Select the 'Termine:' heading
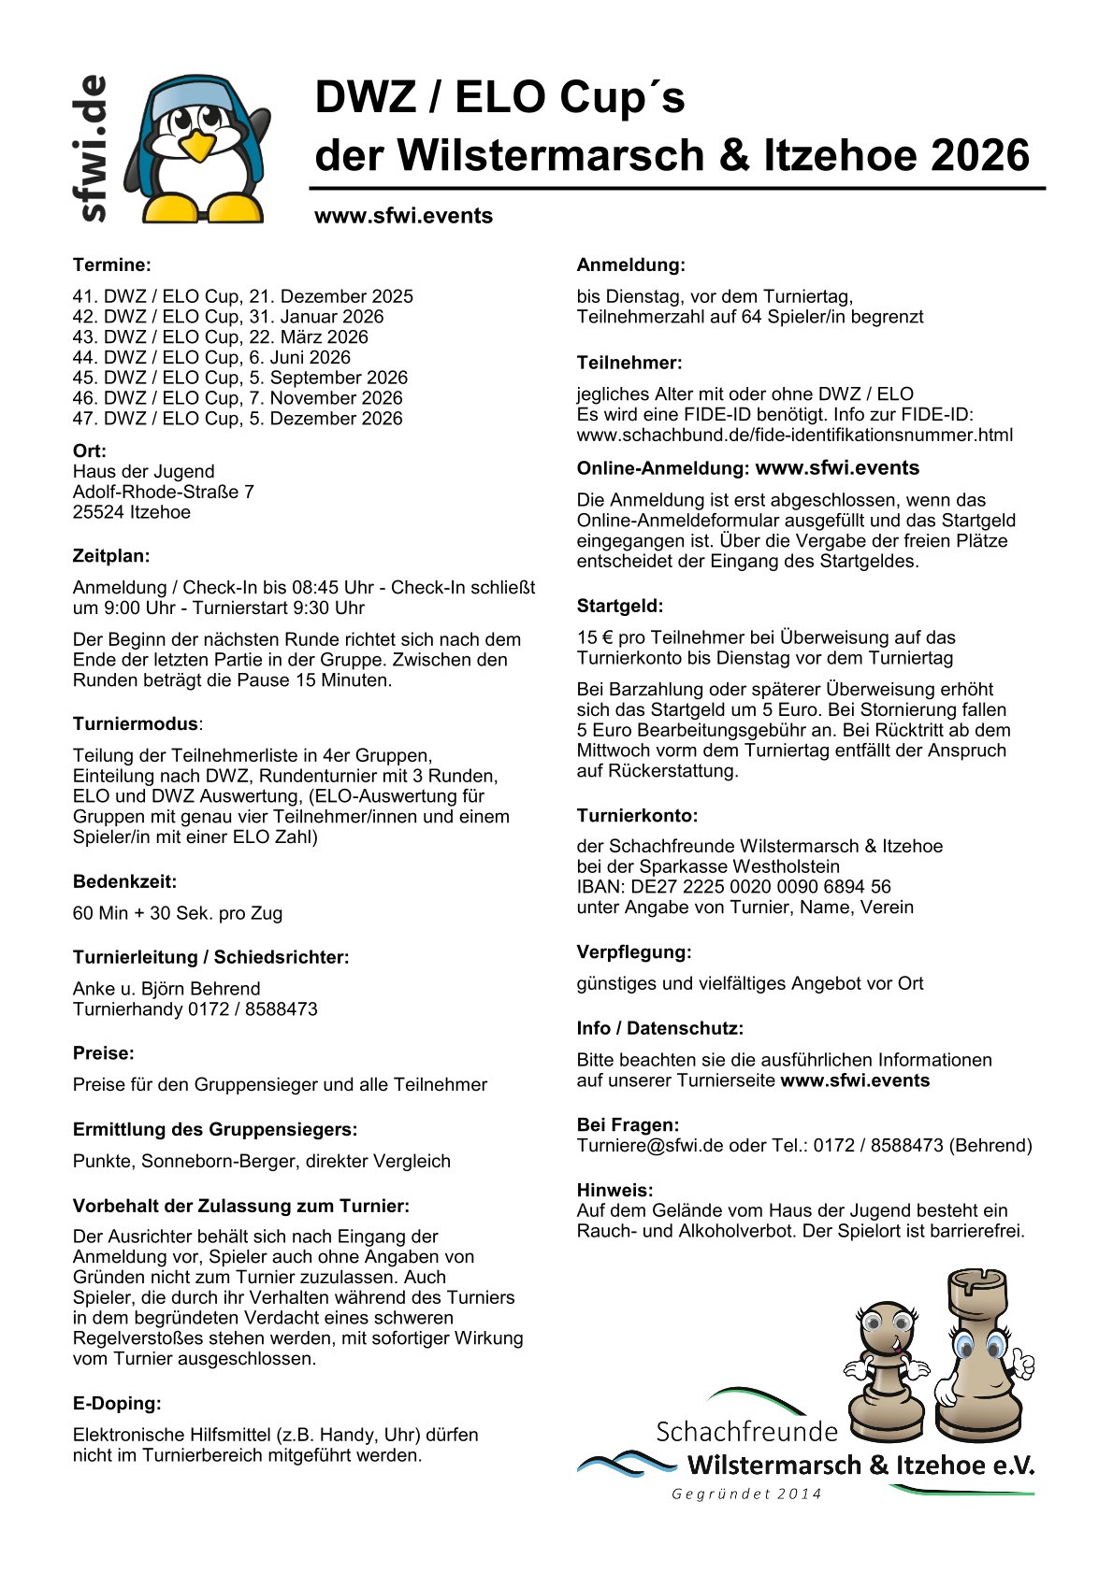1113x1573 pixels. [111, 265]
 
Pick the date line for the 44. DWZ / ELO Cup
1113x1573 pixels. [211, 357]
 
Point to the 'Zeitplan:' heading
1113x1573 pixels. [111, 556]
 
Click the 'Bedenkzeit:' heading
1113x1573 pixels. [124, 881]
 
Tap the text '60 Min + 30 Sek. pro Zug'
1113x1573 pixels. [178, 913]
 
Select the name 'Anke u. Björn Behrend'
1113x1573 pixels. [166, 989]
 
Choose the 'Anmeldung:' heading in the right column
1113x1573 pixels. [630, 265]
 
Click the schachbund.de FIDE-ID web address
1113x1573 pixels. [794, 435]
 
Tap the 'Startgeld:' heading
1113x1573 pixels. [619, 606]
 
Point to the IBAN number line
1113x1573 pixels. [733, 886]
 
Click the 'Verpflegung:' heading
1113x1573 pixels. [633, 952]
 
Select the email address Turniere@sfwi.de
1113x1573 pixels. [650, 1145]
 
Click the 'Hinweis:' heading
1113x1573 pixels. [614, 1190]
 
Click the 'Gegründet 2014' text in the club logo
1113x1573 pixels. [746, 1494]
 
